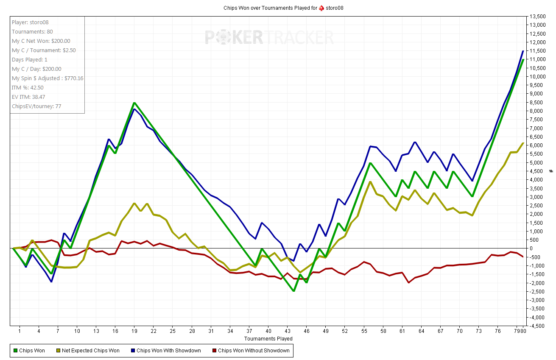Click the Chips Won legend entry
pos(32,351)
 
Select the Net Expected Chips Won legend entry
pos(90,351)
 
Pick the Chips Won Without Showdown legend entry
pos(254,351)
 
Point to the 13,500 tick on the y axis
pos(537,16)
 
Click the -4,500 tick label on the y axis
pos(537,326)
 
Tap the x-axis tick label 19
pos(134,331)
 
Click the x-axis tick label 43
pos(288,331)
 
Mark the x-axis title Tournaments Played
pos(268,339)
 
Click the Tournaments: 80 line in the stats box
pos(32,32)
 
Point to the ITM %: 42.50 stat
pos(28,88)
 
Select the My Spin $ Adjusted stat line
pos(47,78)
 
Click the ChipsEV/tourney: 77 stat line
pos(36,106)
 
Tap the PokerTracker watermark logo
pos(269,37)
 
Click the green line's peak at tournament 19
pos(134,103)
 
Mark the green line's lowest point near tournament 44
pos(293,291)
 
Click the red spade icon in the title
pos(321,8)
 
